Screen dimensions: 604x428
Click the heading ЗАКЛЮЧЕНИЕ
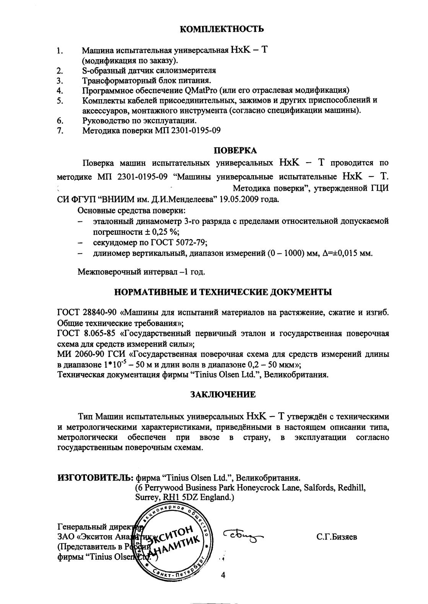click(223, 395)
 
